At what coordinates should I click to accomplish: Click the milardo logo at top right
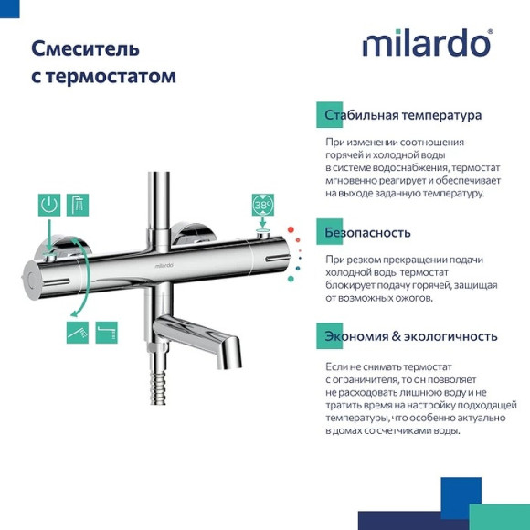427,43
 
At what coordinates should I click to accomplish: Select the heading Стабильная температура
403,116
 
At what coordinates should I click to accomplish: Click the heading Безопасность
367,232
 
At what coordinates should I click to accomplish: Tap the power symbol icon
48,205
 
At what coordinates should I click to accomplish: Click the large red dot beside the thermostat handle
291,230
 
